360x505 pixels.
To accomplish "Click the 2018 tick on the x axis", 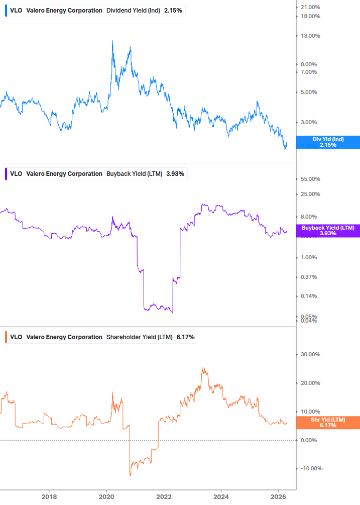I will (x=49, y=497).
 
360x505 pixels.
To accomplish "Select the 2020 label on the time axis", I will (x=106, y=497).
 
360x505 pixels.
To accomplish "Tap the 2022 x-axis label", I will (x=164, y=497).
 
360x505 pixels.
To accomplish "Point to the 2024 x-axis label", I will (x=221, y=497).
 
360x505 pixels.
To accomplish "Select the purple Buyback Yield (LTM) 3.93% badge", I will (x=327, y=231).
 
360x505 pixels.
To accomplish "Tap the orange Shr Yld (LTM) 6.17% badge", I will (x=327, y=423).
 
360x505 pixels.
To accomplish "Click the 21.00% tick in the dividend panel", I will (x=310, y=7).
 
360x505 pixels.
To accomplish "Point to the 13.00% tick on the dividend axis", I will (x=310, y=36).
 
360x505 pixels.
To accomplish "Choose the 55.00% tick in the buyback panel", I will (x=310, y=179).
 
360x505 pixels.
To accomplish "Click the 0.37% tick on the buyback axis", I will (x=309, y=277).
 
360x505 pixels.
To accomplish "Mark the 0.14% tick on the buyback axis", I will (x=309, y=296).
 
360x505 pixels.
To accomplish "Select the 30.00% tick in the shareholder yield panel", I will (x=310, y=354).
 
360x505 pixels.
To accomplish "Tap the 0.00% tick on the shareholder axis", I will (x=310, y=440).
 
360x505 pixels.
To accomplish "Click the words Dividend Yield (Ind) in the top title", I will (x=134, y=11).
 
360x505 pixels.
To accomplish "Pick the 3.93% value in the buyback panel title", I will (x=175, y=174).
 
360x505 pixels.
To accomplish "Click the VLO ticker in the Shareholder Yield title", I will (x=16, y=337).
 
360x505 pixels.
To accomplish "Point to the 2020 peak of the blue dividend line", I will (x=112, y=41).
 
